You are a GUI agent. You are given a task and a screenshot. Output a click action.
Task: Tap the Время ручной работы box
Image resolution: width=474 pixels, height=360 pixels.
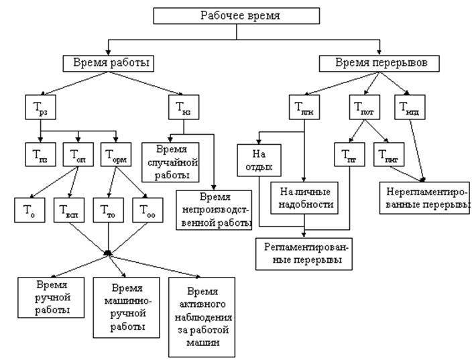coord(52,296)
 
